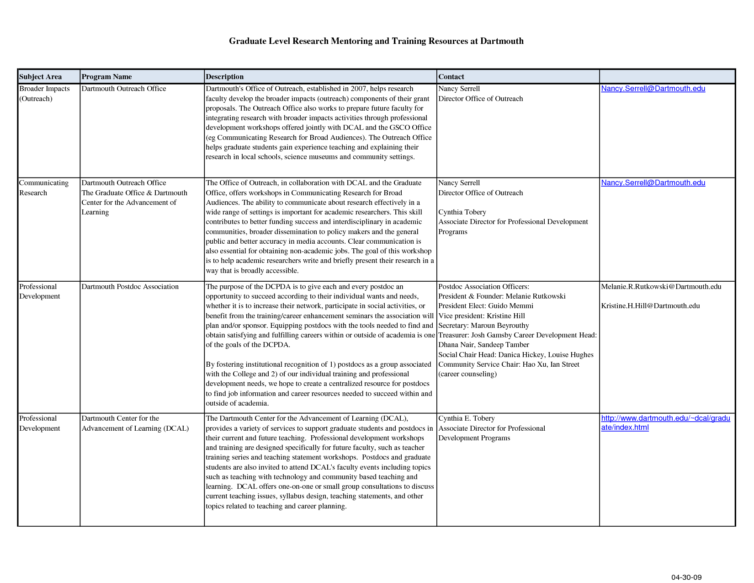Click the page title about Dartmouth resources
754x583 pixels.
(x=376, y=41)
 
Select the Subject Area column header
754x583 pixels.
(x=41, y=77)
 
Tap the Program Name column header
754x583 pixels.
(x=106, y=77)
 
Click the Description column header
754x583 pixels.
(x=224, y=77)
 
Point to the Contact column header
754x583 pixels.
(x=451, y=77)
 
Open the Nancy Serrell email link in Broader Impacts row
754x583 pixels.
(x=653, y=89)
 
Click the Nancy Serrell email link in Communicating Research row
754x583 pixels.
(x=653, y=183)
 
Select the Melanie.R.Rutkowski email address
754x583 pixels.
(x=661, y=287)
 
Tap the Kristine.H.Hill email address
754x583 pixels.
(x=650, y=306)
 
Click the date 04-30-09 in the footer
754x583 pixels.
(x=686, y=577)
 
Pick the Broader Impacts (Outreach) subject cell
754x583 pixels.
(x=44, y=94)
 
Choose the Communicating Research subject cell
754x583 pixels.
(x=43, y=188)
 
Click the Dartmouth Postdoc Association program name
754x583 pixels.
(x=130, y=287)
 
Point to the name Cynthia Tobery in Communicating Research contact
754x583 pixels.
(x=462, y=212)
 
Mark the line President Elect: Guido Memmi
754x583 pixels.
(x=486, y=306)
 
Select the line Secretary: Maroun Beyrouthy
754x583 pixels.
(x=483, y=326)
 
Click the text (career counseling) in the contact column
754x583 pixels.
(x=467, y=374)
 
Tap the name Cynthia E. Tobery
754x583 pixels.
(x=466, y=418)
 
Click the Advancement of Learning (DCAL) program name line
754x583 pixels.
(x=135, y=428)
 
